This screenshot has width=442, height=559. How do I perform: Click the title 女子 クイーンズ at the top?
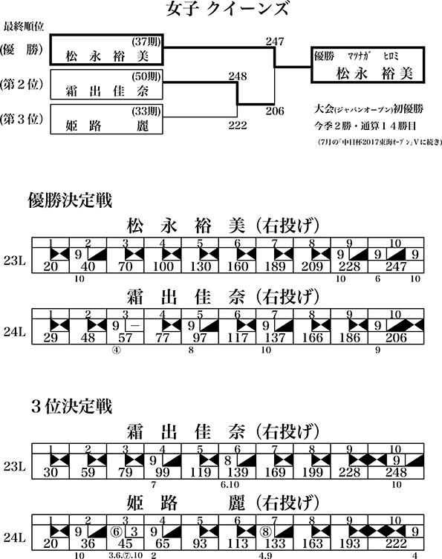coord(227,9)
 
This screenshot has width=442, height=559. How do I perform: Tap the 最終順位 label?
coord(24,27)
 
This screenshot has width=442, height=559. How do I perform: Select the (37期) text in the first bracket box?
coord(146,42)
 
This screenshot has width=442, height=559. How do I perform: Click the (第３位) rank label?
coord(22,119)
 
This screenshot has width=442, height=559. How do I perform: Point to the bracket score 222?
coord(238,125)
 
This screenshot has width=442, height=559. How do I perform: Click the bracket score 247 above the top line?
coord(275,42)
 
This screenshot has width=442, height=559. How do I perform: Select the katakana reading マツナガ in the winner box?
coord(359,56)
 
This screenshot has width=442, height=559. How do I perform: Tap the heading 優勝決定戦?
coord(70,200)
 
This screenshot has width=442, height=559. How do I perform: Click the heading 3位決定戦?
coord(72,406)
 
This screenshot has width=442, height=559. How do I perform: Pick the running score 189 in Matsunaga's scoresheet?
coord(275,267)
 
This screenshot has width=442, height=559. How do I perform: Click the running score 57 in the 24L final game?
coord(126,338)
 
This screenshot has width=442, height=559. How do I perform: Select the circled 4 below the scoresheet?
coord(117,350)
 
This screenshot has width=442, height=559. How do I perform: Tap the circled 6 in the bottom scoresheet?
coord(116,532)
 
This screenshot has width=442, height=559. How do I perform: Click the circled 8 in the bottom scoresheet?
coord(265,532)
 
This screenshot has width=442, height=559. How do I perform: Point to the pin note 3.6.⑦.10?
coord(126,555)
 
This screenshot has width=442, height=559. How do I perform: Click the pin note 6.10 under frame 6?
coord(230,485)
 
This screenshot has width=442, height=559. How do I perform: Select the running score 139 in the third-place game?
coord(238,472)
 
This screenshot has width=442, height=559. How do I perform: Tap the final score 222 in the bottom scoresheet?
coord(396,543)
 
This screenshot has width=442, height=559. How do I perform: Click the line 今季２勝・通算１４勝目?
coord(365,126)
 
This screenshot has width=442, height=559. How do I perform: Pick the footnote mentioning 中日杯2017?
coord(380,143)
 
